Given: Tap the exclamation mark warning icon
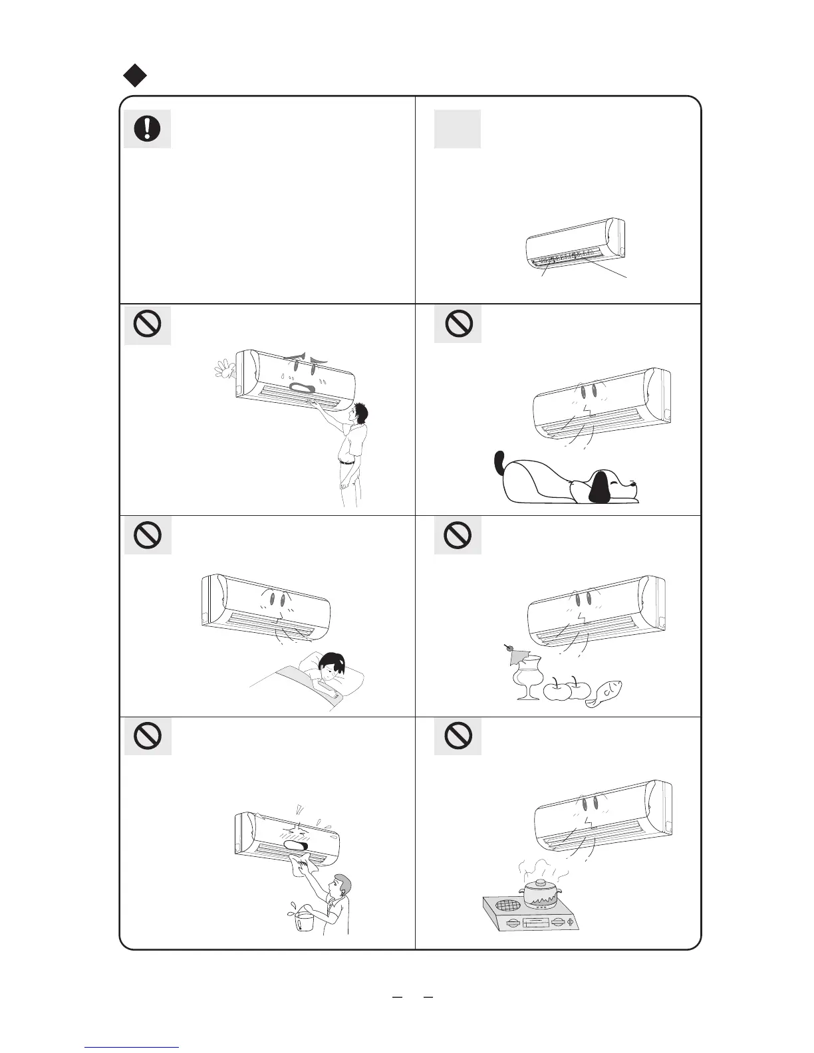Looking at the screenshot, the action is pos(147,128).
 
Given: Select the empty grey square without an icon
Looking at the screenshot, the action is pos(458,128).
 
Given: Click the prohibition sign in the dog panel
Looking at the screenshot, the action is pos(458,324).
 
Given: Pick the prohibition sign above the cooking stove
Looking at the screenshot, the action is pos(458,735).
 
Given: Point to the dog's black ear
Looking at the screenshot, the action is pos(600,488).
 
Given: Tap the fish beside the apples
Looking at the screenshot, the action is pos(607,694).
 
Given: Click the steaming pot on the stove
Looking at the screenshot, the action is pos(540,893).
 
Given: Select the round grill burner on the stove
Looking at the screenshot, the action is pos(503,905).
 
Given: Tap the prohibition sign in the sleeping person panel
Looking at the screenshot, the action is pos(147,534).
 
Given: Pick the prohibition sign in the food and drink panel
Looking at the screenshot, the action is pos(458,534).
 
